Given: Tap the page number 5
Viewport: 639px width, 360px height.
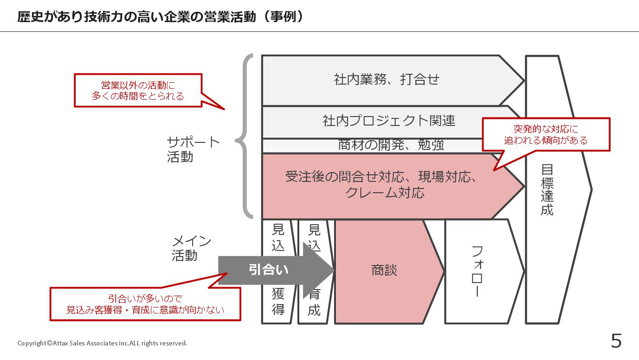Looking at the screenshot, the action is pos(616,341).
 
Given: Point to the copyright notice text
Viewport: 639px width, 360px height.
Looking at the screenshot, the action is pos(102,343).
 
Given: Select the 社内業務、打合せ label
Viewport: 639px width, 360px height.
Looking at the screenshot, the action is pos(386,79).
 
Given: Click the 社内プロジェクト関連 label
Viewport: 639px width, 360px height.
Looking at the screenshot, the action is pos(389,121).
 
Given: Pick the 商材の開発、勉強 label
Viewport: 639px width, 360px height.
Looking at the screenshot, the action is pos(391,145).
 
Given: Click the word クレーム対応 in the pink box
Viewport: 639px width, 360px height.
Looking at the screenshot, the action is pos(384,193).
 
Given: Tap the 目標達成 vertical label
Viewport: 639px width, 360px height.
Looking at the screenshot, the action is pos(547,189).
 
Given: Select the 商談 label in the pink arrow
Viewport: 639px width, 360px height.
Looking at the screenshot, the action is pos(384,270).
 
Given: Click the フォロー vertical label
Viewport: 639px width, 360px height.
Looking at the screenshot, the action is pos(477,271).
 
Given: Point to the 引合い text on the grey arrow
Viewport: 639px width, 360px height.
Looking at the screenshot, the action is pos(268,270).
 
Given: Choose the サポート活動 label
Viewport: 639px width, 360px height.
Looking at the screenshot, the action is pos(193,149).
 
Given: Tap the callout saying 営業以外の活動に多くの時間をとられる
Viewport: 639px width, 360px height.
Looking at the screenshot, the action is pos(138,90).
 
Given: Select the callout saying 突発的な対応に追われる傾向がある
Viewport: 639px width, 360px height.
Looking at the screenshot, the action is pos(545,134).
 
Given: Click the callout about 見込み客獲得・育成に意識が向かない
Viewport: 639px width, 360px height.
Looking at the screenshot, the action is pos(145,304).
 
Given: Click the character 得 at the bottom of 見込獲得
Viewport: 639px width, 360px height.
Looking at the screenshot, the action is pos(278,310).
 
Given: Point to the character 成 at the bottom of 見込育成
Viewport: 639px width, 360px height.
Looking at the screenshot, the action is pos(314,310).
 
